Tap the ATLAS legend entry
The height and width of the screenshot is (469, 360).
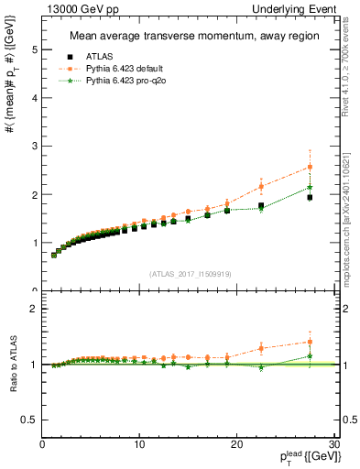pos(101,56)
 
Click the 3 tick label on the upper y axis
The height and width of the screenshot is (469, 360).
pos(34,147)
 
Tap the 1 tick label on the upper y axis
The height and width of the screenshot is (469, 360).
pos(34,243)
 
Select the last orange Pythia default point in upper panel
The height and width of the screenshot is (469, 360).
pos(310,167)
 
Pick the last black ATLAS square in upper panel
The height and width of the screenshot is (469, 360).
pos(310,197)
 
